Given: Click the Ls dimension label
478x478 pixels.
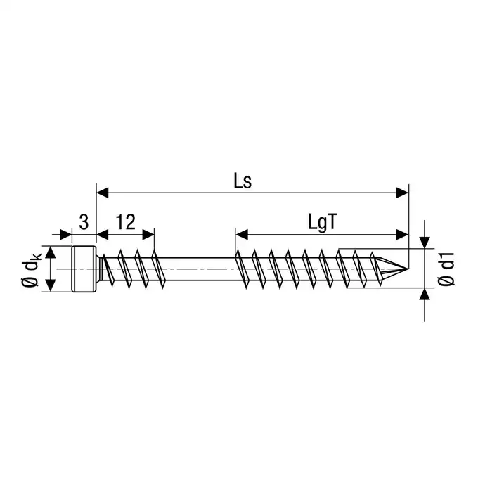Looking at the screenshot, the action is (x=243, y=181).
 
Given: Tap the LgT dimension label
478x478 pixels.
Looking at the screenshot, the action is (x=323, y=223).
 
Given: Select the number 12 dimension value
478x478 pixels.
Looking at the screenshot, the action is (x=125, y=222).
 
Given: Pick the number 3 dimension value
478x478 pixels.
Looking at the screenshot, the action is (x=84, y=222).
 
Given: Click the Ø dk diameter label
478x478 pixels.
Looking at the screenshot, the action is (x=31, y=269).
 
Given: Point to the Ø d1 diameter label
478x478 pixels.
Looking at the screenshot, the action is (x=446, y=269).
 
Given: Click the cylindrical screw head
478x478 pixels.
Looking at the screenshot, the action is (x=84, y=269).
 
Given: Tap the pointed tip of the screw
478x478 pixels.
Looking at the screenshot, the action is (x=407, y=269).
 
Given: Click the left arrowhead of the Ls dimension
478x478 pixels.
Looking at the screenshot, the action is (x=103, y=193).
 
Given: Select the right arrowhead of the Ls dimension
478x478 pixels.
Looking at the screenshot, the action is (x=402, y=193).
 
